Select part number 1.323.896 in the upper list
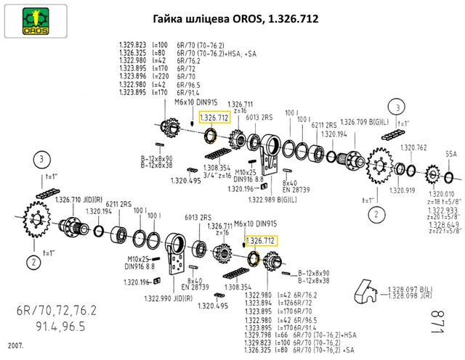pos(134,75)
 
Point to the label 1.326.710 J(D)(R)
pos(77,200)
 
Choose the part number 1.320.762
pos(413,148)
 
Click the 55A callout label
pos(450,155)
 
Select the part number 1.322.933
pos(441,209)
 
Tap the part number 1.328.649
pos(441,225)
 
